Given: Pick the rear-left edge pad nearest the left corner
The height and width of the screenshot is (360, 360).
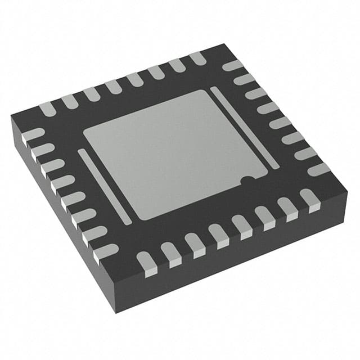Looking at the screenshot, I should click(x=48, y=107).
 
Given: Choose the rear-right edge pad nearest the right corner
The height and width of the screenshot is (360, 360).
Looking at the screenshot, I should click(x=318, y=169).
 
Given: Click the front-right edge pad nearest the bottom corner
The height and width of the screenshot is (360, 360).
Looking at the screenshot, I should click(x=145, y=262).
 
